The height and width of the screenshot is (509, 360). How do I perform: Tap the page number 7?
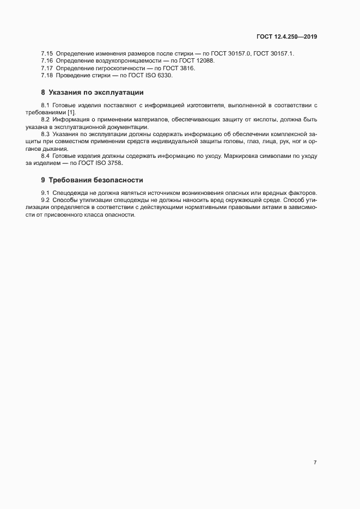(x=315, y=462)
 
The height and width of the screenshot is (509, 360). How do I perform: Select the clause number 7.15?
(x=47, y=53)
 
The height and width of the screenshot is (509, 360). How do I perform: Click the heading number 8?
(x=43, y=93)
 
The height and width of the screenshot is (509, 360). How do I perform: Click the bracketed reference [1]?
(x=71, y=112)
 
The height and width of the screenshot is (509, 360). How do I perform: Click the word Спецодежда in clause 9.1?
(x=69, y=193)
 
